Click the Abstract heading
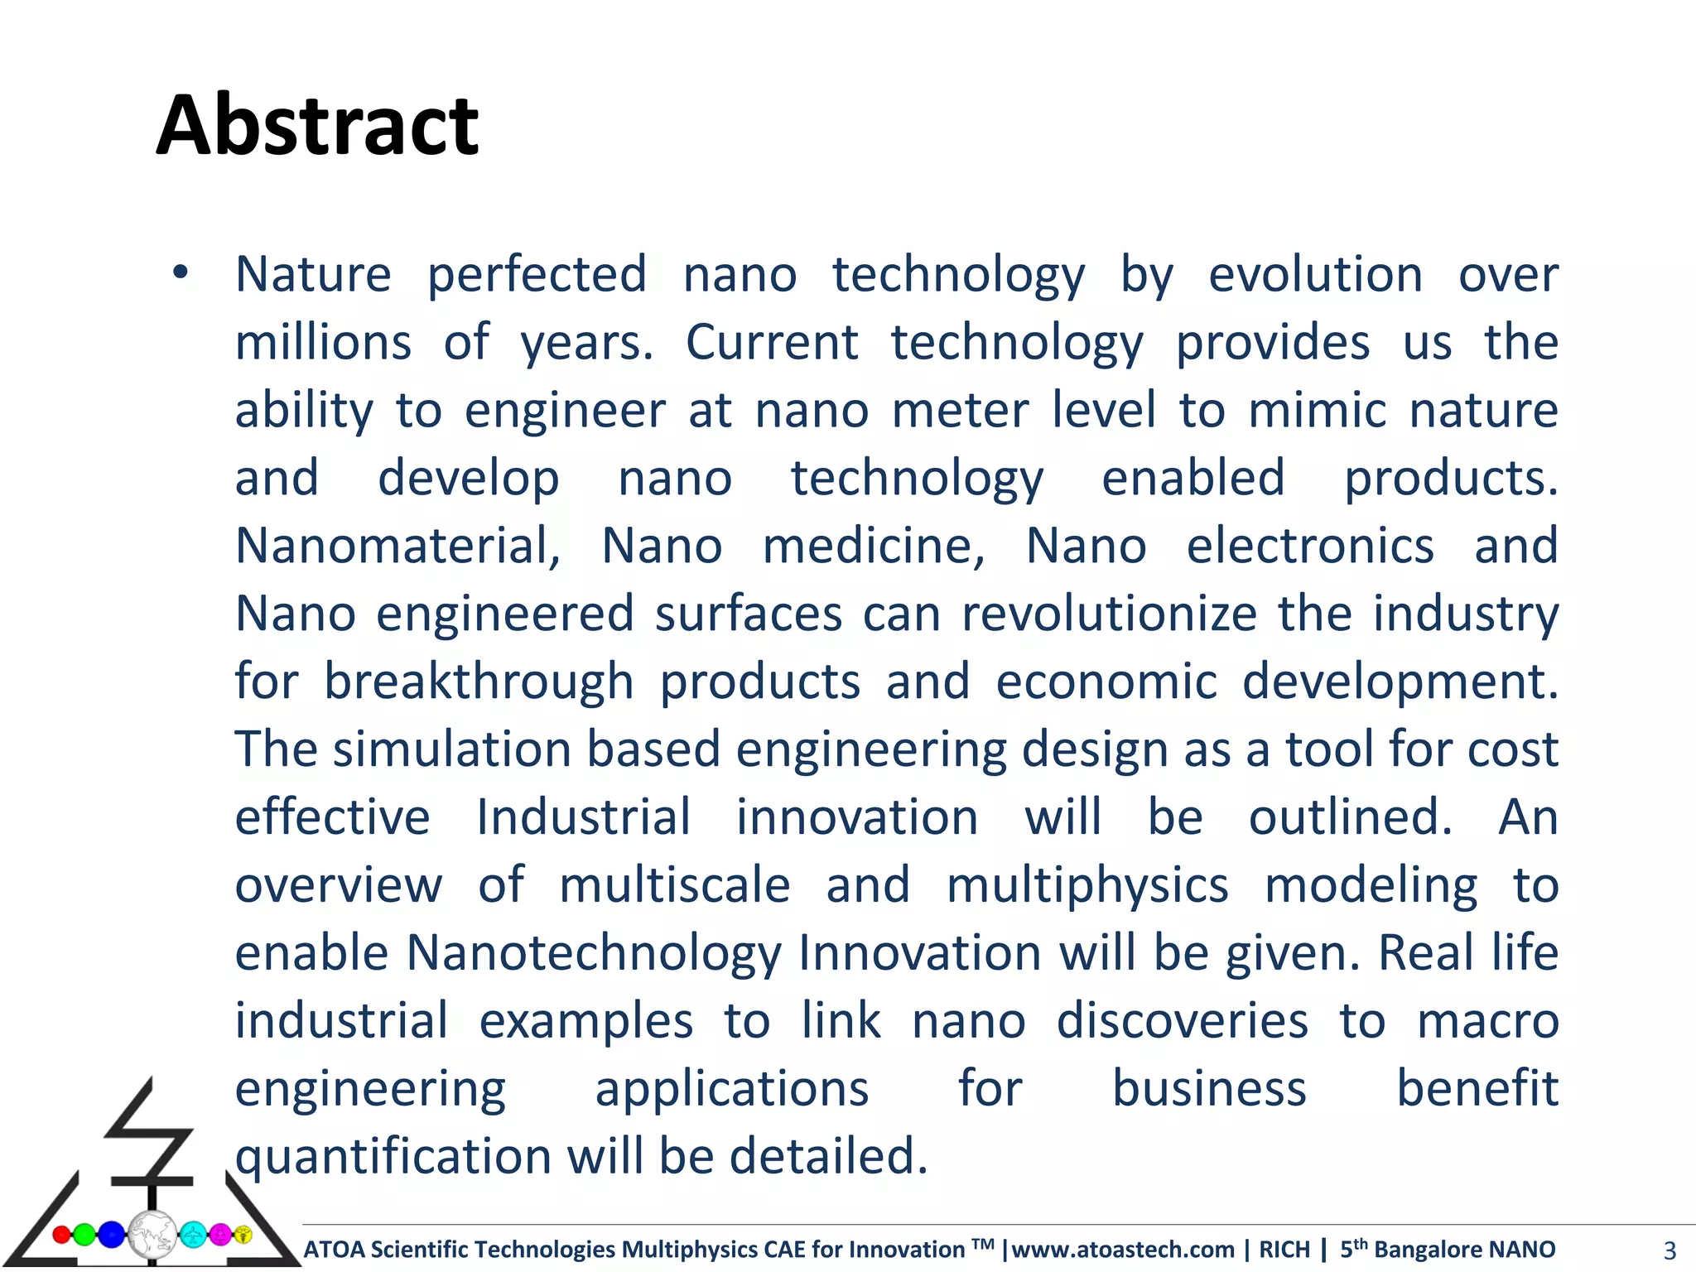click(x=317, y=126)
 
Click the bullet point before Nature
click(x=181, y=272)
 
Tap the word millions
click(x=323, y=342)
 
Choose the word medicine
click(x=873, y=546)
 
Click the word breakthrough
click(x=479, y=682)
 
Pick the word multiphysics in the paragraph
click(x=1087, y=885)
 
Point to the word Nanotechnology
click(x=593, y=953)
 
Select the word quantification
click(x=393, y=1157)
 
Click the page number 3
click(x=1669, y=1250)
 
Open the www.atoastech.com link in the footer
click(x=1123, y=1249)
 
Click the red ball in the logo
click(x=61, y=1235)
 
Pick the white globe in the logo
click(x=152, y=1234)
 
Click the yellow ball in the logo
click(x=243, y=1235)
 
